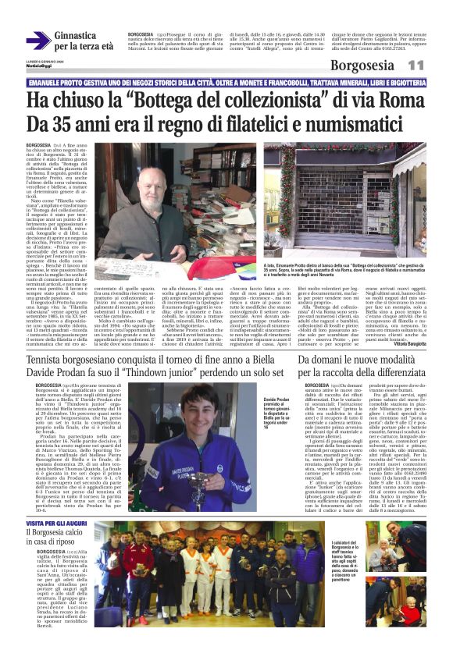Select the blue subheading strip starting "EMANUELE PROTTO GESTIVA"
(226, 81)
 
